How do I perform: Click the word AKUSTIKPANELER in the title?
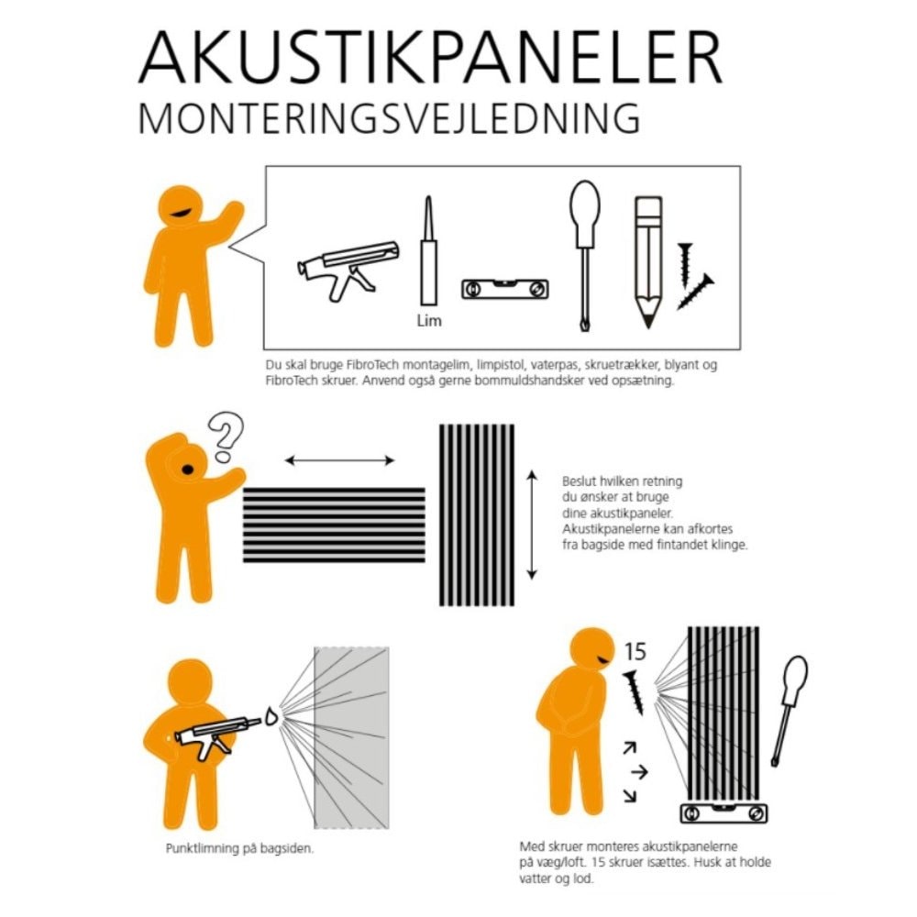click(430, 57)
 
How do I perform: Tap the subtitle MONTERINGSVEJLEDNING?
click(389, 118)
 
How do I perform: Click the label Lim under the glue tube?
click(429, 320)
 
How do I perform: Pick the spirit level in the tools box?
click(505, 289)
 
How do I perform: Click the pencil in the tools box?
click(648, 262)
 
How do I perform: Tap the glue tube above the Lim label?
click(428, 250)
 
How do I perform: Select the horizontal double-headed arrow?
click(340, 461)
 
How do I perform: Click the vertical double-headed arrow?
click(532, 525)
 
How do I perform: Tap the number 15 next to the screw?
click(635, 651)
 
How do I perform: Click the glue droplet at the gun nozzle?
click(271, 716)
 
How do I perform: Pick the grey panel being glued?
click(351, 737)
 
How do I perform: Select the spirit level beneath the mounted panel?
click(724, 812)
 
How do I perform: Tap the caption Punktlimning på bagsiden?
click(239, 848)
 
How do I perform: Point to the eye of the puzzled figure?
click(188, 469)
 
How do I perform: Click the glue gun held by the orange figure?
click(217, 735)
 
